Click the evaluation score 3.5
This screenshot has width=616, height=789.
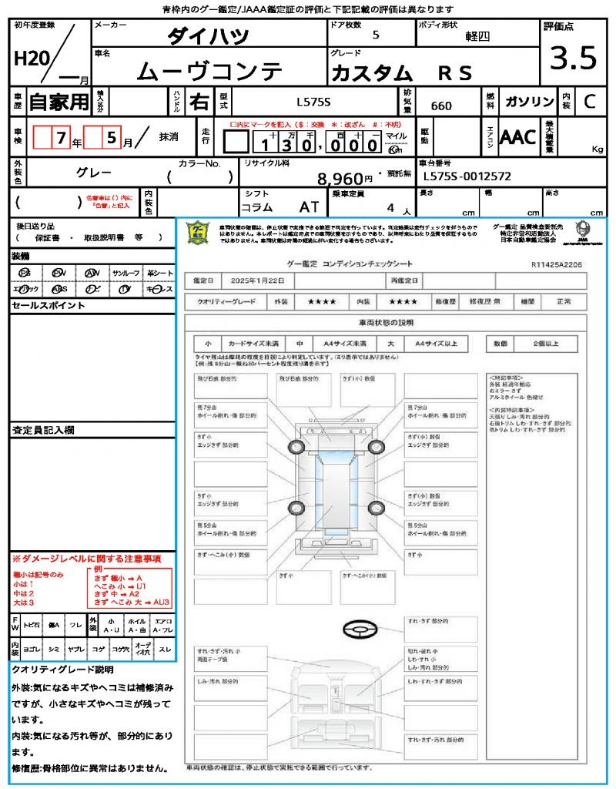[569, 59]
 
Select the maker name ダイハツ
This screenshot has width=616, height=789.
[209, 36]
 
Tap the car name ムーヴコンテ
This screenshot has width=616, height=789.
[209, 71]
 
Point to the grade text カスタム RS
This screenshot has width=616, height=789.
[400, 72]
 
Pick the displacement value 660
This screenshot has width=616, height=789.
[441, 106]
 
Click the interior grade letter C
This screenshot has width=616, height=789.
[588, 102]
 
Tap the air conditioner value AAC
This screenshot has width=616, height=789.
[517, 137]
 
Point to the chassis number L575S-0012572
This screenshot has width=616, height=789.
[467, 176]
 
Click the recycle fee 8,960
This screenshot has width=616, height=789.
[340, 179]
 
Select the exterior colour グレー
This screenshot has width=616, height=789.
[94, 173]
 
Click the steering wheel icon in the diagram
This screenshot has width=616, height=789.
[360, 630]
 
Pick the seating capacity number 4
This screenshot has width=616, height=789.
[390, 208]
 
